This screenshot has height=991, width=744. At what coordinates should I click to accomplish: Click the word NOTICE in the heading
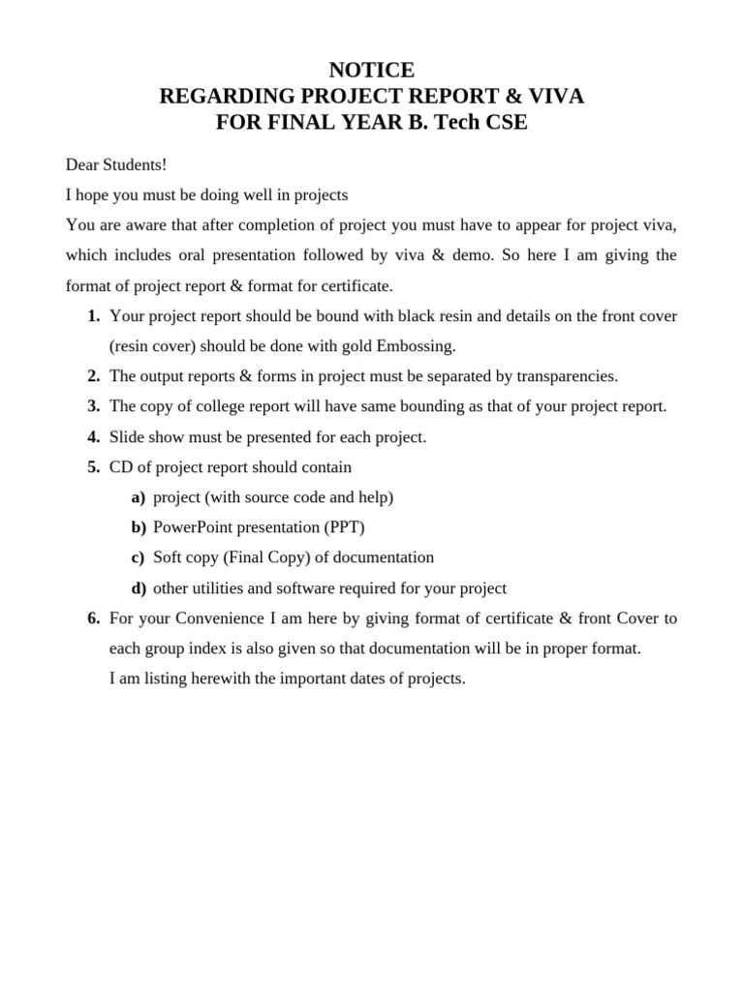[x=371, y=70]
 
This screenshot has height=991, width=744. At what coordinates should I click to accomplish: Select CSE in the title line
[x=505, y=124]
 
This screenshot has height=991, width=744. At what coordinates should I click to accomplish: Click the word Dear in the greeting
[x=83, y=165]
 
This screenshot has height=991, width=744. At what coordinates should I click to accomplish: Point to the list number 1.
[x=93, y=315]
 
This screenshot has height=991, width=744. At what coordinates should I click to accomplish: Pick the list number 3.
[x=93, y=406]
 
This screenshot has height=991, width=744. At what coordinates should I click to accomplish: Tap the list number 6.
[x=93, y=617]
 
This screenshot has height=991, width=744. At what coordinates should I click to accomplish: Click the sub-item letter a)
[x=139, y=497]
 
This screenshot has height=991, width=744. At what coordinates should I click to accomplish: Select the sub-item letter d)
[x=139, y=588]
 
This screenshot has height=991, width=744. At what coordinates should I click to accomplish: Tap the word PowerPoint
[x=195, y=527]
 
